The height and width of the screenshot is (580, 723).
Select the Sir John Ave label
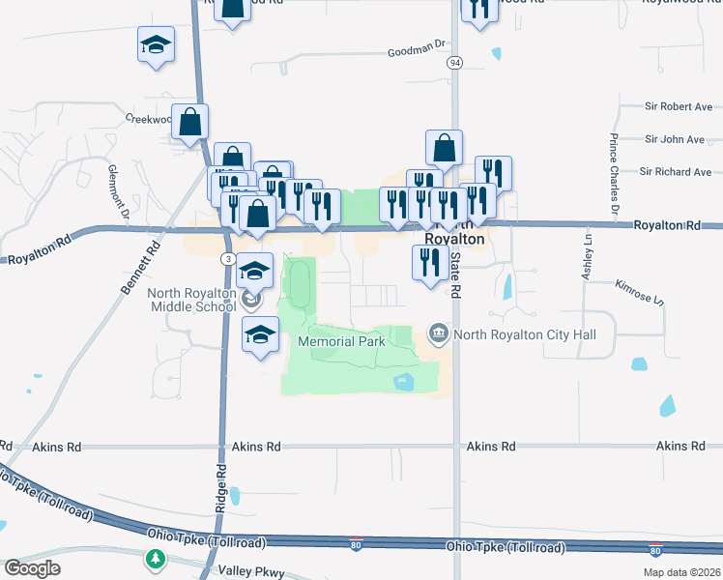coord(676,139)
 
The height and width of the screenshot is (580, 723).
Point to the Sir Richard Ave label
coord(676,172)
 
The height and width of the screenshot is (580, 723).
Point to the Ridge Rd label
coord(220,488)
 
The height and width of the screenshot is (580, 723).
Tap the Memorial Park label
coord(341,341)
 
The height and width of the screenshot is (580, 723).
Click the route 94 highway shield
coord(454,62)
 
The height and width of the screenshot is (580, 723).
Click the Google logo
coord(32,568)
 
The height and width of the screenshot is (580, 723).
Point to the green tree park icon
coord(154,559)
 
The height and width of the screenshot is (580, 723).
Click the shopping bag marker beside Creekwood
coord(190,123)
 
